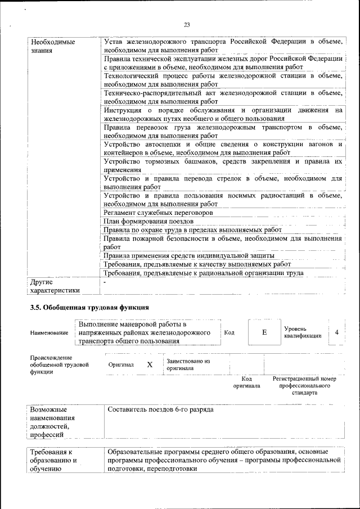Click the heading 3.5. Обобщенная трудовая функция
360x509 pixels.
click(89, 307)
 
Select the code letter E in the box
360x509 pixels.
click(264, 332)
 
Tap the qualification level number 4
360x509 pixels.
click(336, 332)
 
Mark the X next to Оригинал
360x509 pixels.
click(150, 364)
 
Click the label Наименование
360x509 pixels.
click(49, 333)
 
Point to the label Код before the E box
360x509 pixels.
click(229, 332)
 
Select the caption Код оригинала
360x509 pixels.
click(246, 382)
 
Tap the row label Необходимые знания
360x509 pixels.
click(50, 46)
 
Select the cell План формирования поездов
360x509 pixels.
click(148, 222)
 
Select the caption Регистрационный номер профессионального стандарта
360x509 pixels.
click(304, 386)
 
